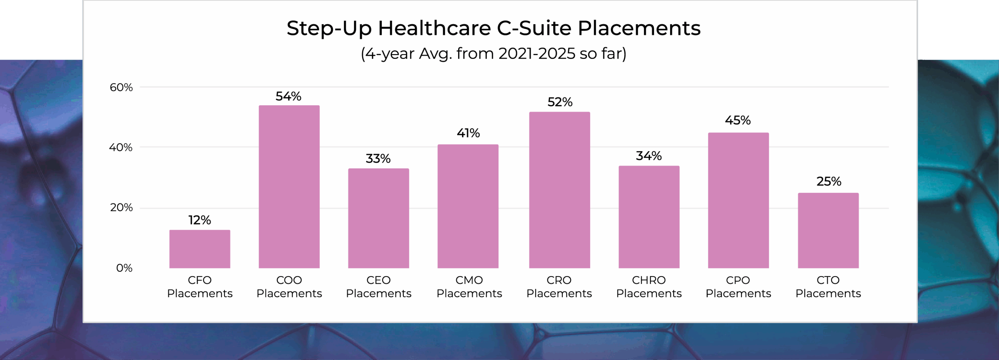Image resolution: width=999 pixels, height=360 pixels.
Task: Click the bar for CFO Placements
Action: pos(200,249)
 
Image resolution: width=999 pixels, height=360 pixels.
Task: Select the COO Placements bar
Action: pos(289,187)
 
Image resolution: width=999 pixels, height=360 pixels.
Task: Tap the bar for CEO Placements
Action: pos(379,218)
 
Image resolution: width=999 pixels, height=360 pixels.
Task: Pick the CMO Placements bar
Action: pos(468,206)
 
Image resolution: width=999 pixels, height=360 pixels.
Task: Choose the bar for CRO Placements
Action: pos(559,190)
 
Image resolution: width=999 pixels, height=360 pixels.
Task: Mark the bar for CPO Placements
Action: pos(738,200)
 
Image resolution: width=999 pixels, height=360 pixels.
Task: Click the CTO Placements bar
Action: pos(828,230)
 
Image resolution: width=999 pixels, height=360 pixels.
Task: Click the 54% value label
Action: pos(289,96)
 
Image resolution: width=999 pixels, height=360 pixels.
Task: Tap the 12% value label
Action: pos(200,220)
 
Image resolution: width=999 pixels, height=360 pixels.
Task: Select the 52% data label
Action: pos(559,102)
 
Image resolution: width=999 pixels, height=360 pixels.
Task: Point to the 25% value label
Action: pos(829,182)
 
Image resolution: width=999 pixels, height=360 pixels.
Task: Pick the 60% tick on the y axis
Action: pos(121,87)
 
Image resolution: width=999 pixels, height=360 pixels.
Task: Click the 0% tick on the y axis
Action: pos(124,268)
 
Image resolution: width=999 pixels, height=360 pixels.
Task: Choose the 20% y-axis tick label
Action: pos(121,207)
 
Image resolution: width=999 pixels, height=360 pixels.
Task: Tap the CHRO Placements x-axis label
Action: pos(649,287)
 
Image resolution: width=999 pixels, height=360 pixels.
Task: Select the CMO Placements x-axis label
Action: pos(469,287)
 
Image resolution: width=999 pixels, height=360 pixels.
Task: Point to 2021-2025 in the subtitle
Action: pos(537,53)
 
